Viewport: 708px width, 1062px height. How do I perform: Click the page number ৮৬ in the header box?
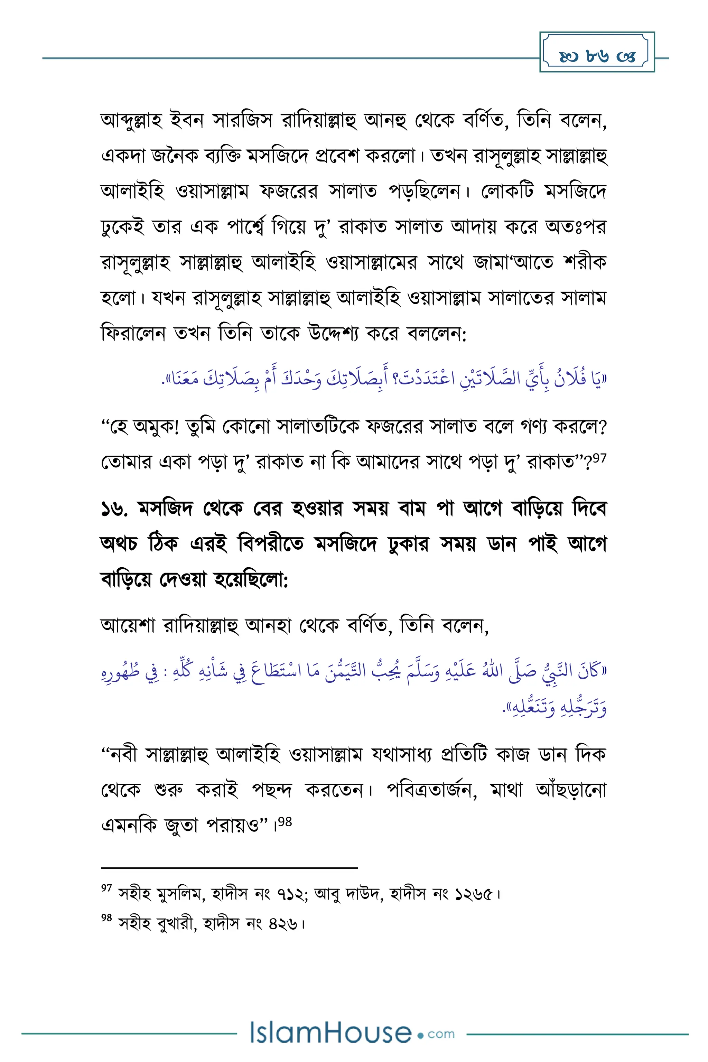point(597,56)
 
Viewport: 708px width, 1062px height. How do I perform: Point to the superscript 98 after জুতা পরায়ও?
point(285,822)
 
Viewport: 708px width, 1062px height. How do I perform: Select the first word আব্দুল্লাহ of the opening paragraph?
point(131,121)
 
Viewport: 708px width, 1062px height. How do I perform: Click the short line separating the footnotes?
point(230,867)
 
